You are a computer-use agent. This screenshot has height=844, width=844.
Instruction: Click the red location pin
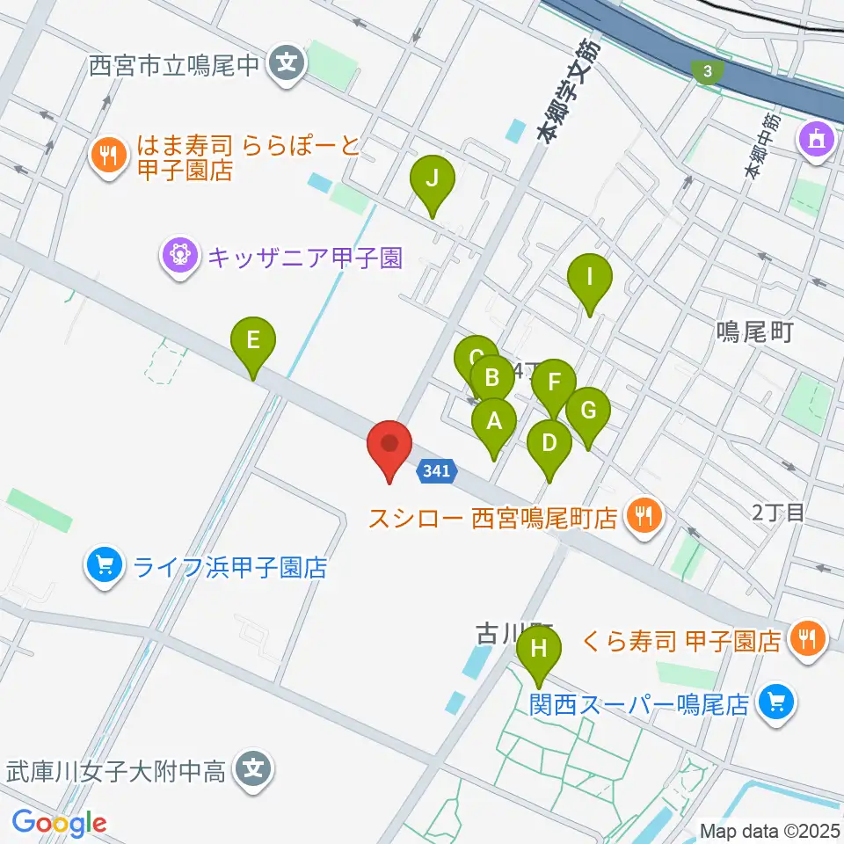click(388, 445)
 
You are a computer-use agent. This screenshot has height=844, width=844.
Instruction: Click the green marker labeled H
click(539, 652)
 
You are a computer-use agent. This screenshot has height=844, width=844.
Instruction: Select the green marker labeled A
click(494, 423)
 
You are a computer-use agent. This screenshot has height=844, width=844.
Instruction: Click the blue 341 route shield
click(436, 471)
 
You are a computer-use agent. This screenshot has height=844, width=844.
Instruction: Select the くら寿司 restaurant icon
click(805, 637)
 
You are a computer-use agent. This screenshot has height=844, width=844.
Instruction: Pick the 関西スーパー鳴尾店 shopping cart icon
click(775, 703)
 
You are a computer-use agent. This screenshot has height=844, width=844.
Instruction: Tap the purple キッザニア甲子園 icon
click(178, 257)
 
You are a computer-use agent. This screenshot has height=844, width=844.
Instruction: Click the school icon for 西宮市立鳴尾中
click(285, 63)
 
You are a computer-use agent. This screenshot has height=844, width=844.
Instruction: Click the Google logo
click(60, 823)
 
